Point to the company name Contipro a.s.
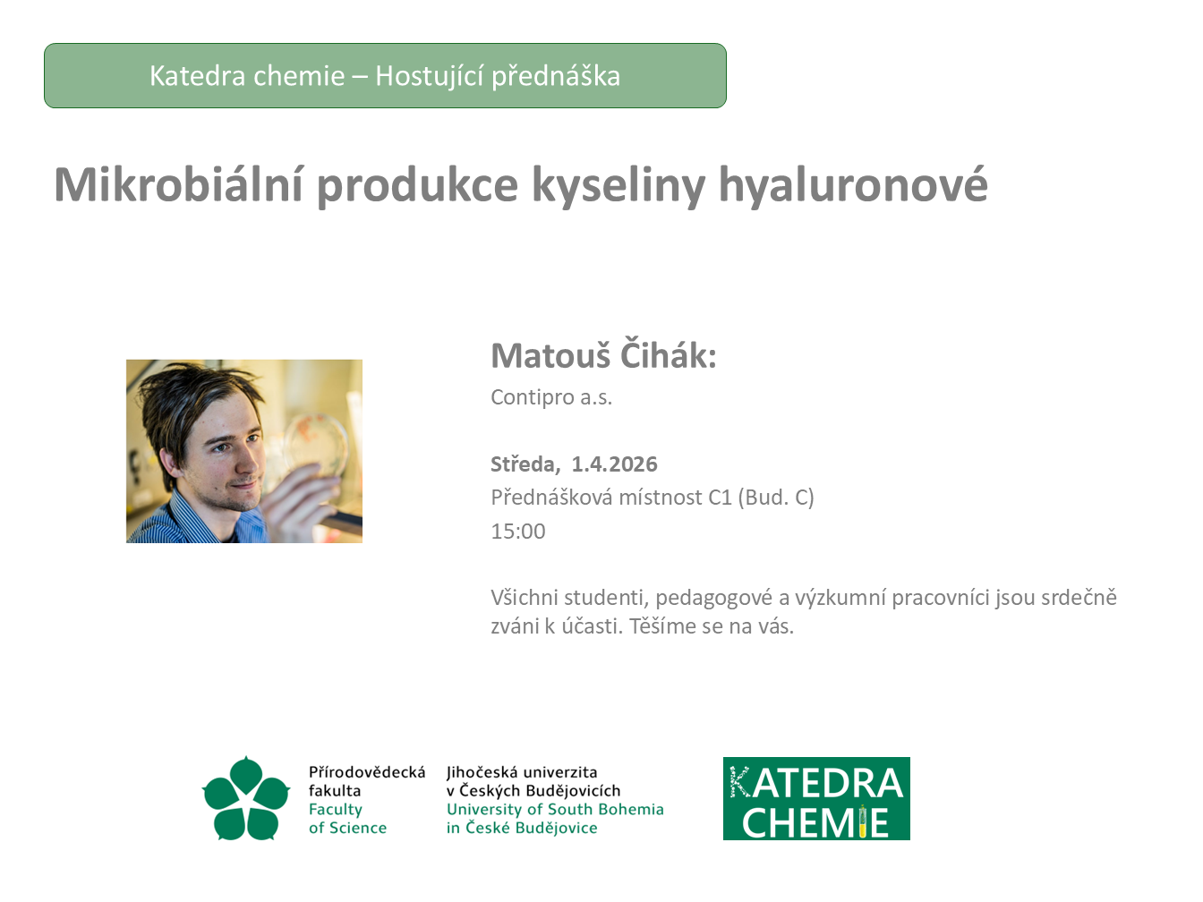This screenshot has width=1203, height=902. pos(550,397)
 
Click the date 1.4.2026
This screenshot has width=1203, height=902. pos(614,464)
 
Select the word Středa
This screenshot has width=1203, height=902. pos(525,464)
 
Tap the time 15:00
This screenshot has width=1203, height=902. pos(518,532)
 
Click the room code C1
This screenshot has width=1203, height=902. pos(720,498)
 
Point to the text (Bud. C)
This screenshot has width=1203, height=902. pos(775,498)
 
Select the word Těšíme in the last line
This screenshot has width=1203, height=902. pos(662,626)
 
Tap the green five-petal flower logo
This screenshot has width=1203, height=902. pos(245,798)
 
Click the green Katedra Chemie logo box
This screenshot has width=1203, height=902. pos(816,798)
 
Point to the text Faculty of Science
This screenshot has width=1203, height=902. pos(347,818)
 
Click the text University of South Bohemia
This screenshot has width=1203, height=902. pos(555,809)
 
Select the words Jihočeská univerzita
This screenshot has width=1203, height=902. pos(521,772)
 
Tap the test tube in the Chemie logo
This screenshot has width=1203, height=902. pos(862,821)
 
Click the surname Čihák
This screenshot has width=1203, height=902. pos(668,355)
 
